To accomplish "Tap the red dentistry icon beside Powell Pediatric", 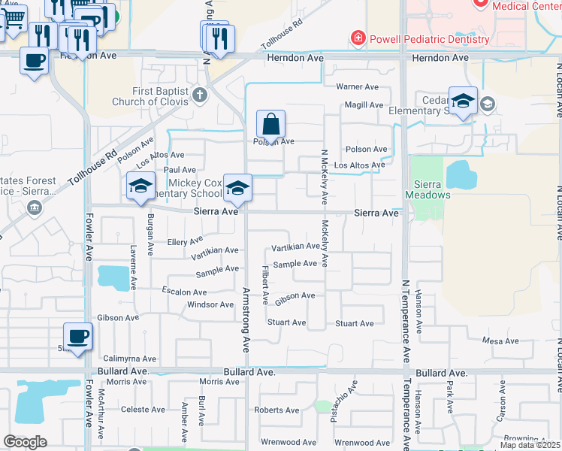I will point(358,38).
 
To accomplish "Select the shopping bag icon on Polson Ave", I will point(270,123).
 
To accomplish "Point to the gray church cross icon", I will point(198,95).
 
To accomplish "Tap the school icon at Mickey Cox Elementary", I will point(237,189).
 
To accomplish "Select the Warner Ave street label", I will point(358,87).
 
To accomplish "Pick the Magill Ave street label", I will point(363,106).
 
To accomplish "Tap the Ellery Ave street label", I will point(185,242).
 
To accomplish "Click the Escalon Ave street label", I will point(184,292).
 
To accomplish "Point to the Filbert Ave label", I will point(264,284).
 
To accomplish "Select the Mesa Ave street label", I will point(501,341).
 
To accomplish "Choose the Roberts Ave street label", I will point(276,410).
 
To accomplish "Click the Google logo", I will point(25,442).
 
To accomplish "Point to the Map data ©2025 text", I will point(530,445).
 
